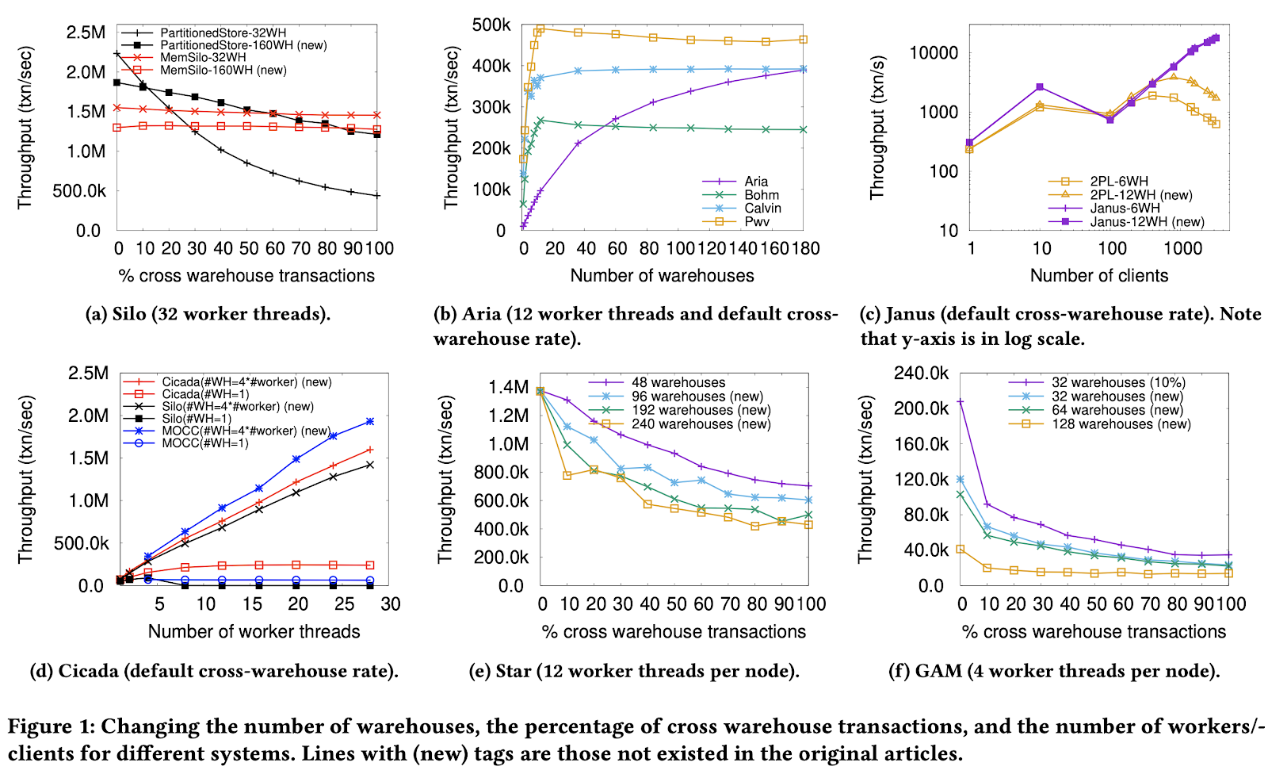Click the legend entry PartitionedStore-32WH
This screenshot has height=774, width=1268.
(223, 33)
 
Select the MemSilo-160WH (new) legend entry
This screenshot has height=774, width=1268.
(223, 70)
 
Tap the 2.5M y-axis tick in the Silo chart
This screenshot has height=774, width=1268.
(86, 33)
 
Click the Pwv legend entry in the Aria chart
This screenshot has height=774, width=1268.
(757, 222)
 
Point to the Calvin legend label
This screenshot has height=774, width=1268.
(762, 208)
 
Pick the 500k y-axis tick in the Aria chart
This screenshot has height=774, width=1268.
(491, 25)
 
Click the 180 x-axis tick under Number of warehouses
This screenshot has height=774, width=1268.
(806, 249)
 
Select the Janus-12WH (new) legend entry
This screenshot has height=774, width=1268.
(1146, 222)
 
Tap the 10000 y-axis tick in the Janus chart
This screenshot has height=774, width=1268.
(934, 53)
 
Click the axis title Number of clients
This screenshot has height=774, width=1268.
(1098, 276)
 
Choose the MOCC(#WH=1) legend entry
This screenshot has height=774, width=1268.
(205, 443)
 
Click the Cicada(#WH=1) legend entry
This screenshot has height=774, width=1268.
(205, 394)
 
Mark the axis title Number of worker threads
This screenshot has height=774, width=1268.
(254, 632)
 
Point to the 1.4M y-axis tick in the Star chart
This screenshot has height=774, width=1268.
(508, 387)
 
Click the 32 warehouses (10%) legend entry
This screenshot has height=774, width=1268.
(1118, 382)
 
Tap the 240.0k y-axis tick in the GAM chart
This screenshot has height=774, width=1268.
(921, 374)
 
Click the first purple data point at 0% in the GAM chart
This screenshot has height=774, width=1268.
(961, 402)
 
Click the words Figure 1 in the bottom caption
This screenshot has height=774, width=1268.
(49, 726)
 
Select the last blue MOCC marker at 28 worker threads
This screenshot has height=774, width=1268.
(369, 422)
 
